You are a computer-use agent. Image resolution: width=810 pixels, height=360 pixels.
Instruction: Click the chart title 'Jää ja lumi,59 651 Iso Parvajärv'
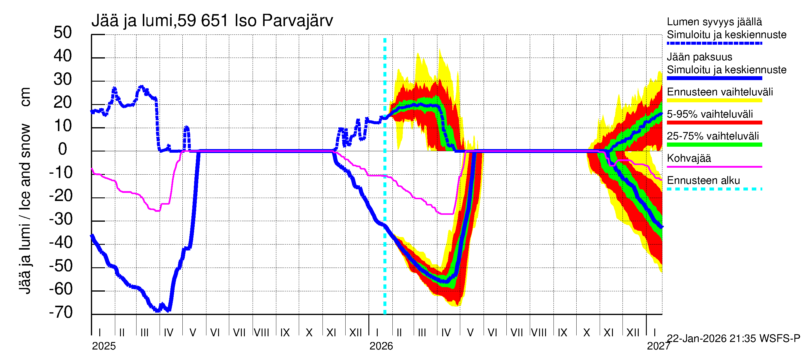pyautogui.click(x=212, y=21)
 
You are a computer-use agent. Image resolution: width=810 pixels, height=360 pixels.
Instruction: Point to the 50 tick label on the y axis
pyautogui.click(x=63, y=33)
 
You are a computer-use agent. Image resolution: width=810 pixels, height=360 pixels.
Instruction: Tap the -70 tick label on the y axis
pyautogui.click(x=61, y=313)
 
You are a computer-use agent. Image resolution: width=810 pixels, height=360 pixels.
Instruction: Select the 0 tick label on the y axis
pyautogui.click(x=63, y=149)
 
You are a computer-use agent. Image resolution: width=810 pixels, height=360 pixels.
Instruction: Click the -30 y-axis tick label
pyautogui.click(x=61, y=219)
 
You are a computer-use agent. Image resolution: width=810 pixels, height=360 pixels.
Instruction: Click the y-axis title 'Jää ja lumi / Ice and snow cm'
pyautogui.click(x=25, y=190)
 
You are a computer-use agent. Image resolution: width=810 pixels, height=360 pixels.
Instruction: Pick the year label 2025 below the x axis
pyautogui.click(x=104, y=346)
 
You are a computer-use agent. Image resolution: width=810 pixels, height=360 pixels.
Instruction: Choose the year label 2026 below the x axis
pyautogui.click(x=381, y=346)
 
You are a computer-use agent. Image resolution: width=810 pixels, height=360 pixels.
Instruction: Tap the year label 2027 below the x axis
pyautogui.click(x=658, y=346)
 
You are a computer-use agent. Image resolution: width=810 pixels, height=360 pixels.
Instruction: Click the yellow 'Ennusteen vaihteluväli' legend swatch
pyautogui.click(x=714, y=100)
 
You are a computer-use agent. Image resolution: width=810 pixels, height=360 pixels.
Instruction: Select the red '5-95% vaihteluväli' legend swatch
pyautogui.click(x=714, y=123)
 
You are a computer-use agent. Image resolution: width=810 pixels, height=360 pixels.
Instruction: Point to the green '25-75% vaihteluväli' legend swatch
pyautogui.click(x=714, y=145)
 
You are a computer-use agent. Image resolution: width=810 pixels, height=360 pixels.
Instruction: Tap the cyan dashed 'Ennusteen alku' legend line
pyautogui.click(x=714, y=189)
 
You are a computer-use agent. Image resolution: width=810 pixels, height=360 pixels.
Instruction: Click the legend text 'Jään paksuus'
pyautogui.click(x=699, y=57)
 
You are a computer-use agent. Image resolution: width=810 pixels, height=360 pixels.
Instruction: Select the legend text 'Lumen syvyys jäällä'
pyautogui.click(x=714, y=22)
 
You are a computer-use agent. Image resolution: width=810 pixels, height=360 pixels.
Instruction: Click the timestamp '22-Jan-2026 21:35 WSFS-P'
pyautogui.click(x=733, y=339)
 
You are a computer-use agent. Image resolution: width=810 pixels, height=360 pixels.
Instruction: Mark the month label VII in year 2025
pyautogui.click(x=239, y=332)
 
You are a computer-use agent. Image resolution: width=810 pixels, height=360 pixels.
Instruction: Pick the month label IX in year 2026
pyautogui.click(x=562, y=332)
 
